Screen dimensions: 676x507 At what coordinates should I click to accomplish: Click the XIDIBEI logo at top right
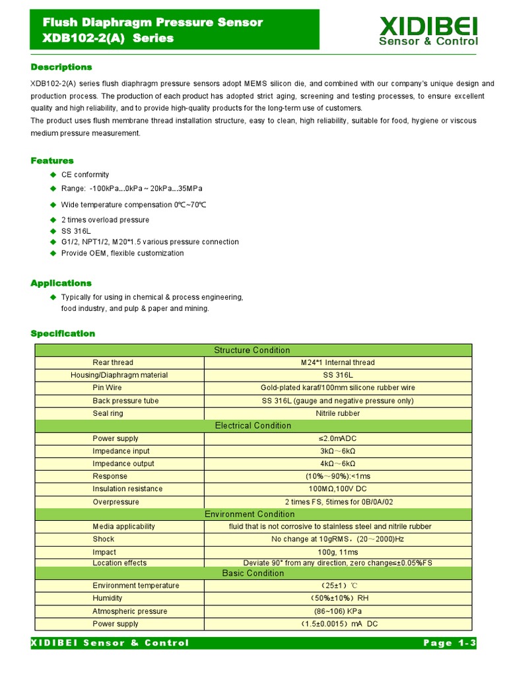click(x=428, y=31)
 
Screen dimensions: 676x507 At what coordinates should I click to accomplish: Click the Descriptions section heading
click(x=61, y=67)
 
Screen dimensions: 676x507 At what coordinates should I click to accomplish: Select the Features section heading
click(x=52, y=160)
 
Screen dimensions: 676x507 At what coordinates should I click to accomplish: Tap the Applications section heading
click(x=61, y=283)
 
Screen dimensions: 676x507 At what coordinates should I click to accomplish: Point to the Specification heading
click(x=63, y=333)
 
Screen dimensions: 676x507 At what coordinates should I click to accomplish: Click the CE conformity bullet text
click(x=85, y=175)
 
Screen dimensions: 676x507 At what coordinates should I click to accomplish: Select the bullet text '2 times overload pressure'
click(x=105, y=220)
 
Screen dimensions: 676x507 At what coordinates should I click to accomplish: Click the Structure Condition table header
click(x=252, y=350)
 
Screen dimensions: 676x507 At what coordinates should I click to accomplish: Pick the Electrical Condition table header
click(x=252, y=426)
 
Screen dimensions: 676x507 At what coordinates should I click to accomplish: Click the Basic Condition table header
click(x=252, y=573)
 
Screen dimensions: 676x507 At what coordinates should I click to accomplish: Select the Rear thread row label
click(x=113, y=362)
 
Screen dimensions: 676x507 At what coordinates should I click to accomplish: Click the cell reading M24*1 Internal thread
click(x=337, y=362)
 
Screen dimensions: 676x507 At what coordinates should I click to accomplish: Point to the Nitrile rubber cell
click(x=337, y=413)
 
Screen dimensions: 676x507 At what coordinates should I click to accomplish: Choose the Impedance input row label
click(x=121, y=452)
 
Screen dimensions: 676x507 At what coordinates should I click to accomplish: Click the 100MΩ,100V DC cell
click(x=337, y=489)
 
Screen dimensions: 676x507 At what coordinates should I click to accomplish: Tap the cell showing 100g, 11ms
click(x=337, y=553)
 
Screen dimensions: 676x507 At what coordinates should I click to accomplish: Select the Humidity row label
click(x=108, y=598)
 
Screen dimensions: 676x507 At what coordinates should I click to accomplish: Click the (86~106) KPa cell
click(x=337, y=611)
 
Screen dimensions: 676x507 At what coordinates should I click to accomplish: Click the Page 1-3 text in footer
click(x=448, y=643)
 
